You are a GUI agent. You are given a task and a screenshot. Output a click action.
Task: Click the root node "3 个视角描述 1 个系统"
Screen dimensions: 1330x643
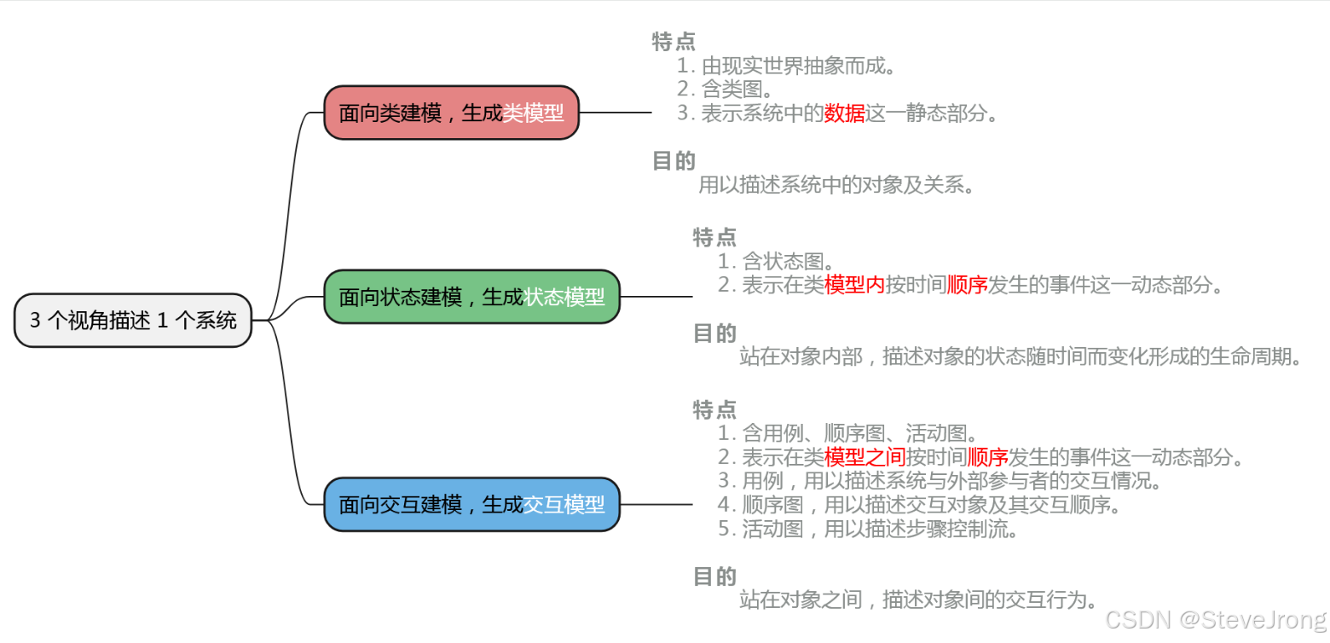[x=133, y=321]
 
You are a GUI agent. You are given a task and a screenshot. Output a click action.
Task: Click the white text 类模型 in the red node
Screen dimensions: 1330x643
[x=533, y=113]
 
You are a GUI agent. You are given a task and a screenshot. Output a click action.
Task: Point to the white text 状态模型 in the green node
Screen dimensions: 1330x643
[x=564, y=297]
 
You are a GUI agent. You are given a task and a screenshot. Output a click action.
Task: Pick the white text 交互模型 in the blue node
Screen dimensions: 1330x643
[x=564, y=505]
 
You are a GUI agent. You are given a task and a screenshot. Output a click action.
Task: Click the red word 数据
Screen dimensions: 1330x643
[x=844, y=113]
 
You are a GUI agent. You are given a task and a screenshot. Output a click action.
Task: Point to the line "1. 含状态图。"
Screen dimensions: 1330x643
[x=775, y=261]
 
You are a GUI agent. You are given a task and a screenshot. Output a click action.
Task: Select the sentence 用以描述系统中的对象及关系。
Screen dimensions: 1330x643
[x=836, y=184]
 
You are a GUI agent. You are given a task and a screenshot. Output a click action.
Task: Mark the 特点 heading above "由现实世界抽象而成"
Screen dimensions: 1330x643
[x=674, y=41]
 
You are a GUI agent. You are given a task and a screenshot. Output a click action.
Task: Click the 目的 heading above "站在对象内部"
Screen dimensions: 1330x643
[x=714, y=333]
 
